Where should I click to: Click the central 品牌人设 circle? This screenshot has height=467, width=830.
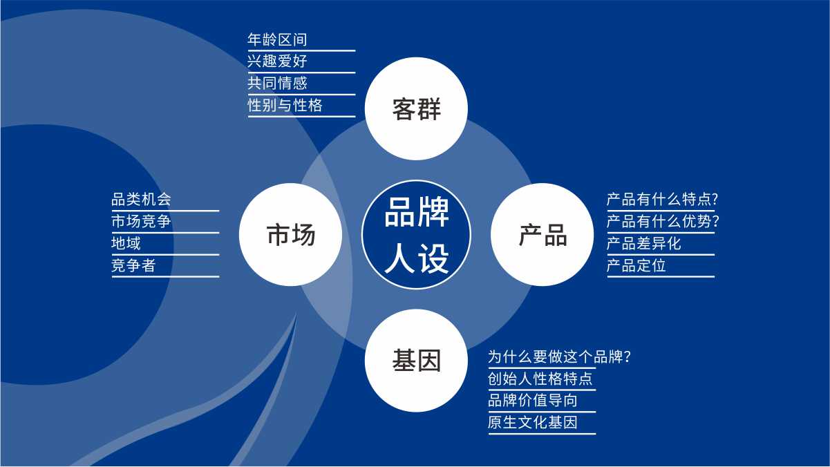pos(416,234)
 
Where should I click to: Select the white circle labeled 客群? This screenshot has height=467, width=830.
pos(416,108)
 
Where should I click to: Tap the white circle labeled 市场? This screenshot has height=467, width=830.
pos(290,234)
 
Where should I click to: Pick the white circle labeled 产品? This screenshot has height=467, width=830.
pos(542,234)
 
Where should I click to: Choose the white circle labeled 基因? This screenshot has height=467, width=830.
pos(416,361)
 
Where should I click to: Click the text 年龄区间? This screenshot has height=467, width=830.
pos(277,39)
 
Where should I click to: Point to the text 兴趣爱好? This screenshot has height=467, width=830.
pos(277,61)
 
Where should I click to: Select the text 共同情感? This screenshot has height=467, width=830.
pos(277,83)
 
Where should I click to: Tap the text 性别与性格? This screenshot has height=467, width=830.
pos(285,105)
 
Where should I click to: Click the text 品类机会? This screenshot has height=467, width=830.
pos(141,199)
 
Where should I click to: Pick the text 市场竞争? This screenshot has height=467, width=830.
pos(141,221)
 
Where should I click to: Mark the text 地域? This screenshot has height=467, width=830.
pos(126,243)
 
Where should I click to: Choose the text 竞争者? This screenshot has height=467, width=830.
pos(133,265)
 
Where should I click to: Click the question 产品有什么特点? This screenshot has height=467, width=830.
pos(663,199)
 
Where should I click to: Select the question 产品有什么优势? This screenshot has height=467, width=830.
pos(663,221)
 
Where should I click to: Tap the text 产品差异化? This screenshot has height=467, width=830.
pos(643,243)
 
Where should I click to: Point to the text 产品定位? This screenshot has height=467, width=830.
pos(636,265)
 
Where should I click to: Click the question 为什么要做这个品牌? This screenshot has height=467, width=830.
pos(560,356)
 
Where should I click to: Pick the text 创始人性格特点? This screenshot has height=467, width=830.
pos(540,379)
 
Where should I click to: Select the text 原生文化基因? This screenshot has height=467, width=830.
pos(533,422)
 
